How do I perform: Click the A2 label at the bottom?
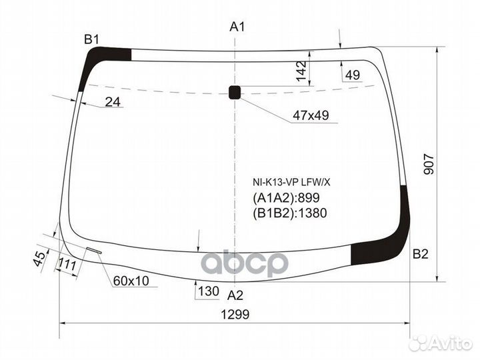click(235, 295)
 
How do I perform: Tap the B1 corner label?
click(91, 40)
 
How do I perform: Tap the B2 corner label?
click(421, 253)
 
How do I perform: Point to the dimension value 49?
click(353, 75)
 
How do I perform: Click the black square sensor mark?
click(235, 92)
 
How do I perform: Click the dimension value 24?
click(113, 102)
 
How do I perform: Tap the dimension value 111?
click(66, 265)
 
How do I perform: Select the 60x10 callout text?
click(131, 281)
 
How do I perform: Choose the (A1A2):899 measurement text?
click(286, 197)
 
